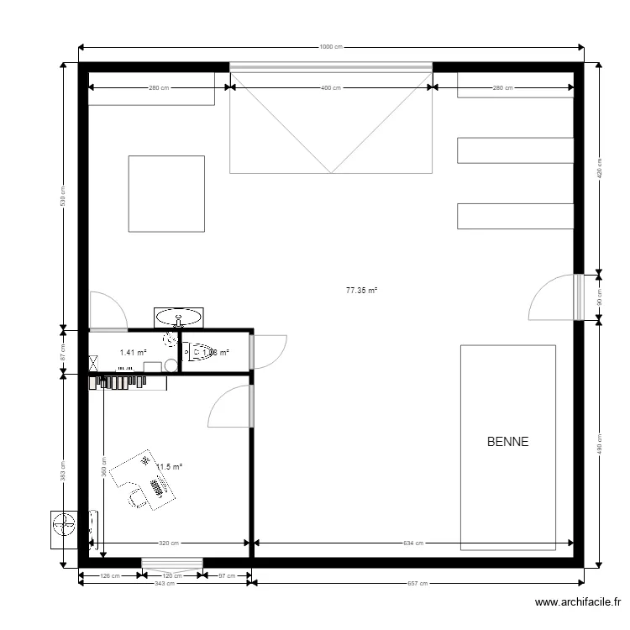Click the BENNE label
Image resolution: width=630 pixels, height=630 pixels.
click(x=507, y=442)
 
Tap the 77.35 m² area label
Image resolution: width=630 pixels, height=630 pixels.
click(x=361, y=291)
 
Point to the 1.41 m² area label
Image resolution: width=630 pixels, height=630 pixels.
click(x=133, y=354)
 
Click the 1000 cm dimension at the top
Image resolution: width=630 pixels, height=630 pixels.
click(x=331, y=47)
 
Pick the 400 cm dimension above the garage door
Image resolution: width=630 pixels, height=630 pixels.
click(x=331, y=87)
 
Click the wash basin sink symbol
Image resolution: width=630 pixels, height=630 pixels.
click(x=178, y=318)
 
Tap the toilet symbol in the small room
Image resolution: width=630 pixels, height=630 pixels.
click(x=198, y=353)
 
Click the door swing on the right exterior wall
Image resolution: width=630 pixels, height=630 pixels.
click(x=552, y=298)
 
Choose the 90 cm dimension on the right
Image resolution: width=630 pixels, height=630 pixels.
click(x=599, y=297)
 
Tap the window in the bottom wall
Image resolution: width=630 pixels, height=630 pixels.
click(x=171, y=563)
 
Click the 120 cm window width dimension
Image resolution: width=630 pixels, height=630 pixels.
click(x=171, y=575)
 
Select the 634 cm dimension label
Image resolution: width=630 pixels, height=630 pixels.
click(x=412, y=543)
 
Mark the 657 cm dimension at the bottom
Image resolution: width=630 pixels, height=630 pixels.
click(x=417, y=583)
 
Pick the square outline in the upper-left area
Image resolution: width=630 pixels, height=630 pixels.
click(x=166, y=193)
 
